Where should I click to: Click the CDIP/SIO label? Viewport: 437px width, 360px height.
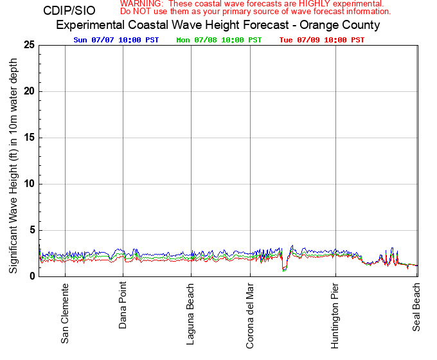pos(69,11)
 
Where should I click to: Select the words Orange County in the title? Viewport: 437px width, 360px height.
pos(346,26)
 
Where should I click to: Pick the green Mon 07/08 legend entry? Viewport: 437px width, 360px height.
pos(219,40)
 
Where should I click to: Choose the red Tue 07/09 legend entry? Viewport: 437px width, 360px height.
pos(321,40)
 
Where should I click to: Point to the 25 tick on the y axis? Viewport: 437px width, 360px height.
pos(29,44)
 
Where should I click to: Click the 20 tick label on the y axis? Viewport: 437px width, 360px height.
pos(29,91)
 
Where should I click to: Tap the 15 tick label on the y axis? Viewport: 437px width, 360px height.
pos(29,138)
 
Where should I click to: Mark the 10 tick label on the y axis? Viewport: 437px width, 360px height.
pos(29,184)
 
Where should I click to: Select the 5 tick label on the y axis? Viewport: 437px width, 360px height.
pos(31,230)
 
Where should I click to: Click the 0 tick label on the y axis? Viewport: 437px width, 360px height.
pos(31,276)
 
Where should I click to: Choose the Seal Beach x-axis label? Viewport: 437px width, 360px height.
pos(416,308)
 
